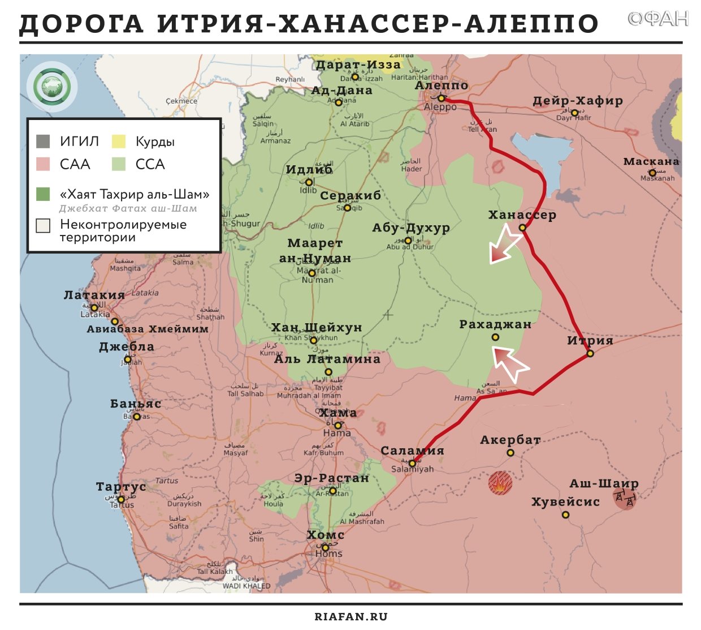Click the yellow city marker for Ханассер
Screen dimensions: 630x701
522,228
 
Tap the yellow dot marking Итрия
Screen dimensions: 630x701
590,353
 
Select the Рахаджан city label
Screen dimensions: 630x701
495,324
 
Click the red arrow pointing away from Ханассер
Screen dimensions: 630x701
504,244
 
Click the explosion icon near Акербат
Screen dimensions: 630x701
500,483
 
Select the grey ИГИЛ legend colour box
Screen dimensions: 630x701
43,141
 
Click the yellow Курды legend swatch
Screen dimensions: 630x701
119,141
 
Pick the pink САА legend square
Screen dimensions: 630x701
43,164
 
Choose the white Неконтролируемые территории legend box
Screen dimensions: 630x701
43,225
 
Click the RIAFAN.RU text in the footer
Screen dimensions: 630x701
350,616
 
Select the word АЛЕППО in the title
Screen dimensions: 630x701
531,24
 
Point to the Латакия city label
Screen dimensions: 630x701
94,295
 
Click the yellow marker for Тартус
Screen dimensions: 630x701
120,499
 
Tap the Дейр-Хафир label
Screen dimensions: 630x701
577,101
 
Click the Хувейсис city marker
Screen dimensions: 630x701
565,515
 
